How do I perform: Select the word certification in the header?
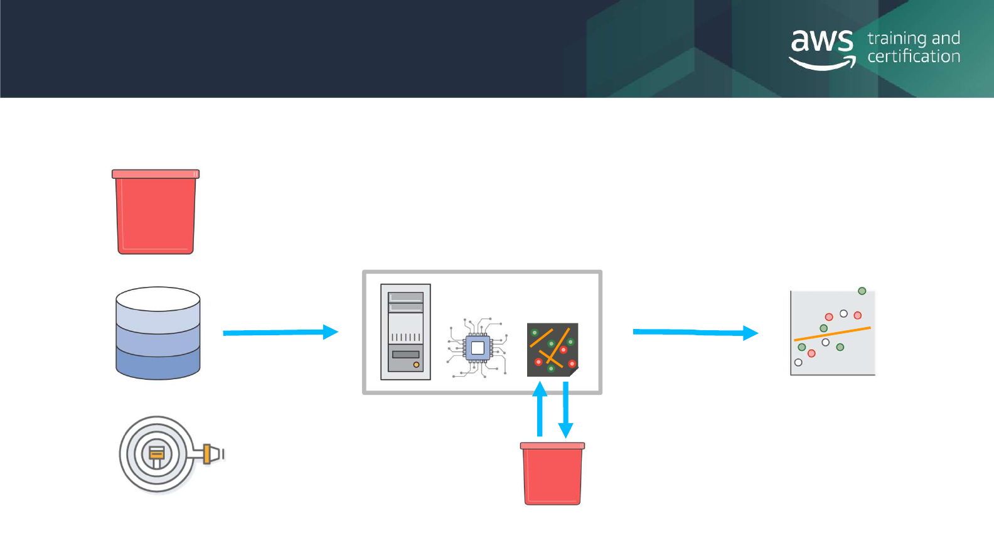coord(914,57)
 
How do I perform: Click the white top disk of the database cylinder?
coord(158,299)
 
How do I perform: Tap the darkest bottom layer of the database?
coord(158,367)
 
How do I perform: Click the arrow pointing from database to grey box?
coord(280,332)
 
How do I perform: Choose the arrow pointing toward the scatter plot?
coord(695,332)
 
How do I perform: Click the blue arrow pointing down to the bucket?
coord(566,409)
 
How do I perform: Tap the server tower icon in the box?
coord(405,332)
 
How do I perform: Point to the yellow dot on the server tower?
coord(416,365)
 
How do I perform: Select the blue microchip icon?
coord(478,347)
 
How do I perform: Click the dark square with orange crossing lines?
coord(552,350)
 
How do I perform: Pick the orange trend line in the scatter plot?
coord(832,334)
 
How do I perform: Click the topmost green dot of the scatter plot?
coord(862,291)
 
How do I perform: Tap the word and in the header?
coord(946,39)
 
